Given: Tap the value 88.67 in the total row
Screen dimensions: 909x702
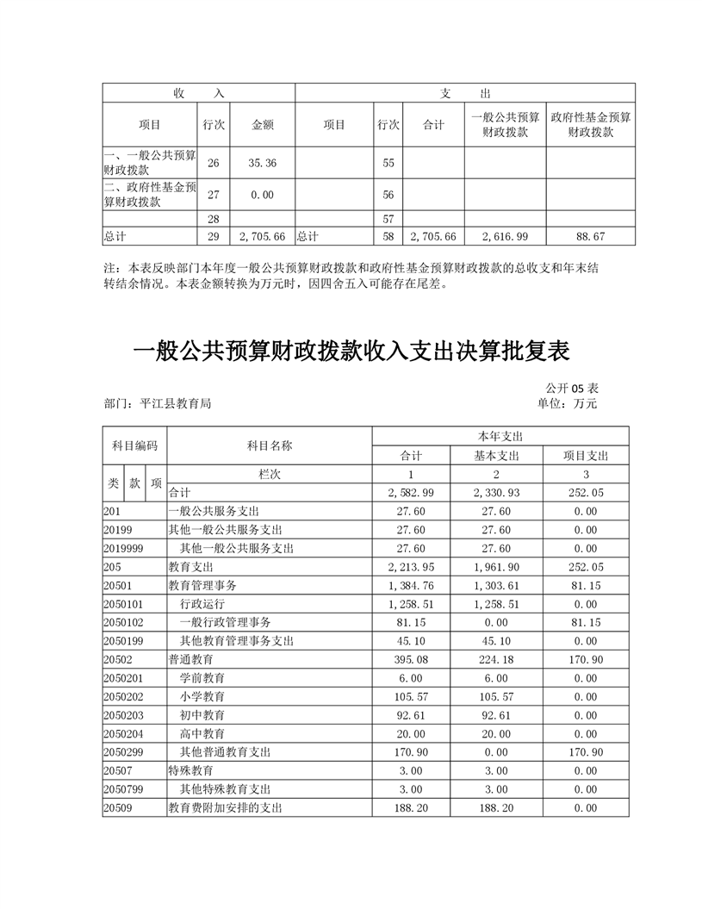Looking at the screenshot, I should coord(590,235).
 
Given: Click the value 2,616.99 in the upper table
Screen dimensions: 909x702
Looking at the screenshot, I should coord(506,235).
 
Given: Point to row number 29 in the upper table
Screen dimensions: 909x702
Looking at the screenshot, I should coord(214,235).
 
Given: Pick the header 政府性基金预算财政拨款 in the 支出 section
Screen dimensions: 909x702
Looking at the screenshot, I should coord(590,125).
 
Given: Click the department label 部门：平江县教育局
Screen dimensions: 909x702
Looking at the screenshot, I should coord(157,403).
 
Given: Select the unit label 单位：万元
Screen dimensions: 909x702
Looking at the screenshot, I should coord(567,403).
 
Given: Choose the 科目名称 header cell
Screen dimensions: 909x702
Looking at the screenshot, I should coord(269,445).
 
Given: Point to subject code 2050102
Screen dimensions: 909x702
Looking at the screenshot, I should coord(123,622).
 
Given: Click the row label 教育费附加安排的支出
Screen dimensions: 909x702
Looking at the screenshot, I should coord(225,808).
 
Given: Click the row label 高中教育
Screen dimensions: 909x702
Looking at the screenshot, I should coord(202,733).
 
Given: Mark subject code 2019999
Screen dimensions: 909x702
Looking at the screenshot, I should coord(123,548).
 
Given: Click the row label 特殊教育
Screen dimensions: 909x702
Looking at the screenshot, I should coord(189,770).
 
